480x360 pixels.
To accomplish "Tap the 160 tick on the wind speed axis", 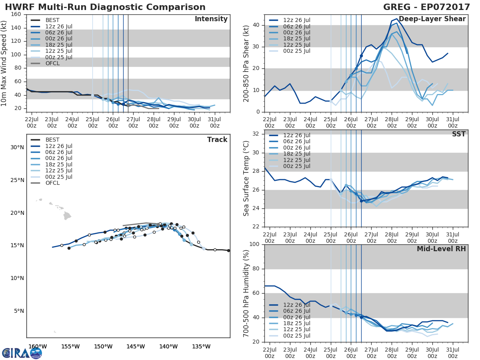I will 16,14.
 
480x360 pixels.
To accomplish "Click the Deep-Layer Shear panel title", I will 432,19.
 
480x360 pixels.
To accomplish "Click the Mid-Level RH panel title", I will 441,249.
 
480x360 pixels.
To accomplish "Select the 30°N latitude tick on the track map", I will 17,147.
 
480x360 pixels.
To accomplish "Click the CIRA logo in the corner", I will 22,352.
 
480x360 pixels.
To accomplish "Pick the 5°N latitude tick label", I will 19,311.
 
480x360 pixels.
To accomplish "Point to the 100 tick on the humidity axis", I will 254,244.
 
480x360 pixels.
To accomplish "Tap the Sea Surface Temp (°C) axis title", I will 246,178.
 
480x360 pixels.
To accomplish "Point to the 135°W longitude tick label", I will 201,346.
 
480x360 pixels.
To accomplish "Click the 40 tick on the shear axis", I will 256,25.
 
